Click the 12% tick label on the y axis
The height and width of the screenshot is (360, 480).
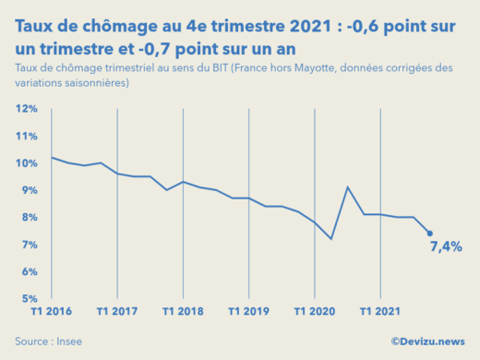(x=26, y=109)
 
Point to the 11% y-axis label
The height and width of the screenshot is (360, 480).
(x=26, y=136)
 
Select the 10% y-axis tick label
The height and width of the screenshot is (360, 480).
(x=26, y=163)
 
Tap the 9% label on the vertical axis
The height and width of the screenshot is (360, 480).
(x=28, y=190)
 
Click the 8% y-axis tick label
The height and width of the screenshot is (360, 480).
(x=28, y=218)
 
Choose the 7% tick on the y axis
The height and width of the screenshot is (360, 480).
(x=28, y=245)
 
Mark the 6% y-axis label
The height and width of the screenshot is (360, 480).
(x=28, y=272)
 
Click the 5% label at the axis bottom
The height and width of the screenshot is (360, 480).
(x=28, y=299)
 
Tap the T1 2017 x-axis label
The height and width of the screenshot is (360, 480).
(x=116, y=312)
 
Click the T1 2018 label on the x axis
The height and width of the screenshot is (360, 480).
(x=183, y=312)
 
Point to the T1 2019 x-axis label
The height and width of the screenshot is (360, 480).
(x=248, y=312)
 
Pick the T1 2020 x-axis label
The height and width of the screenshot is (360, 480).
(x=315, y=312)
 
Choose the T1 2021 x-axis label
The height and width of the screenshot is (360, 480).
(x=380, y=312)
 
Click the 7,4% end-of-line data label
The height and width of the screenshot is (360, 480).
(x=446, y=246)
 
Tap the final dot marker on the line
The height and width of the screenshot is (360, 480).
(x=429, y=234)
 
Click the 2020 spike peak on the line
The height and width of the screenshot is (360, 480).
(x=347, y=187)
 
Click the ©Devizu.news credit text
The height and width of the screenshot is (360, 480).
(x=427, y=342)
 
